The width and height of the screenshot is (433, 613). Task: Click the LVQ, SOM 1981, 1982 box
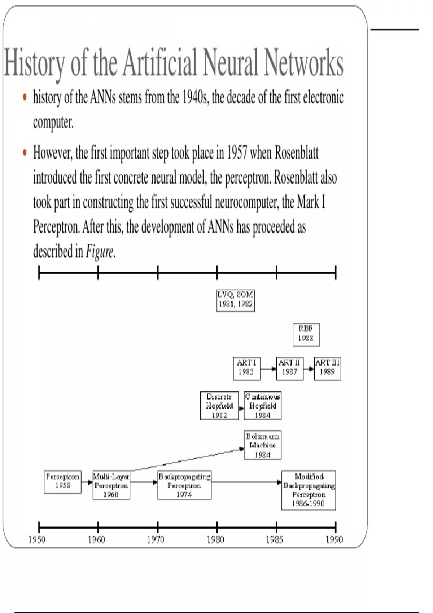pos(235,300)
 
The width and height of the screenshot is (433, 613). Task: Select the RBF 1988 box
pos(306,335)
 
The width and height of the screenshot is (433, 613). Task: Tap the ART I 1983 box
pos(246,368)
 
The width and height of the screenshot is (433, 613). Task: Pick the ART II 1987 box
pos(289,368)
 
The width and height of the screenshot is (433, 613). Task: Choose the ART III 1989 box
pos(327,368)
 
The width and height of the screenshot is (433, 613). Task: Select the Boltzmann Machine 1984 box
pos(262,445)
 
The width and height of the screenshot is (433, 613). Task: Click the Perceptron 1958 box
pos(62,482)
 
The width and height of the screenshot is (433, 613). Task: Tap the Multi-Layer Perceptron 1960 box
pos(111,485)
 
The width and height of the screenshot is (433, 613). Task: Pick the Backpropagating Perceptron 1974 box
pos(184,485)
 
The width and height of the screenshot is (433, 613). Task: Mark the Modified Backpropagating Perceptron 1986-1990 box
pos(309,490)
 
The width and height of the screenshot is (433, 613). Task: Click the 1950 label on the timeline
pos(37,540)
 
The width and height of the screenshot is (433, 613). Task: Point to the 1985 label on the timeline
pos(275,540)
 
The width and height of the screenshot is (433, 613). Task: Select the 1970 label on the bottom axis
pos(156,540)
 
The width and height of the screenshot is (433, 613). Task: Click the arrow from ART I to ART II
pos(268,369)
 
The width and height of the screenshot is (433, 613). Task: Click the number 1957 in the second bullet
pos(237,153)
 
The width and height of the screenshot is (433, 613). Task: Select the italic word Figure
pos(99,251)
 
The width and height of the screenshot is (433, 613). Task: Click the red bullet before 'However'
pos(25,153)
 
